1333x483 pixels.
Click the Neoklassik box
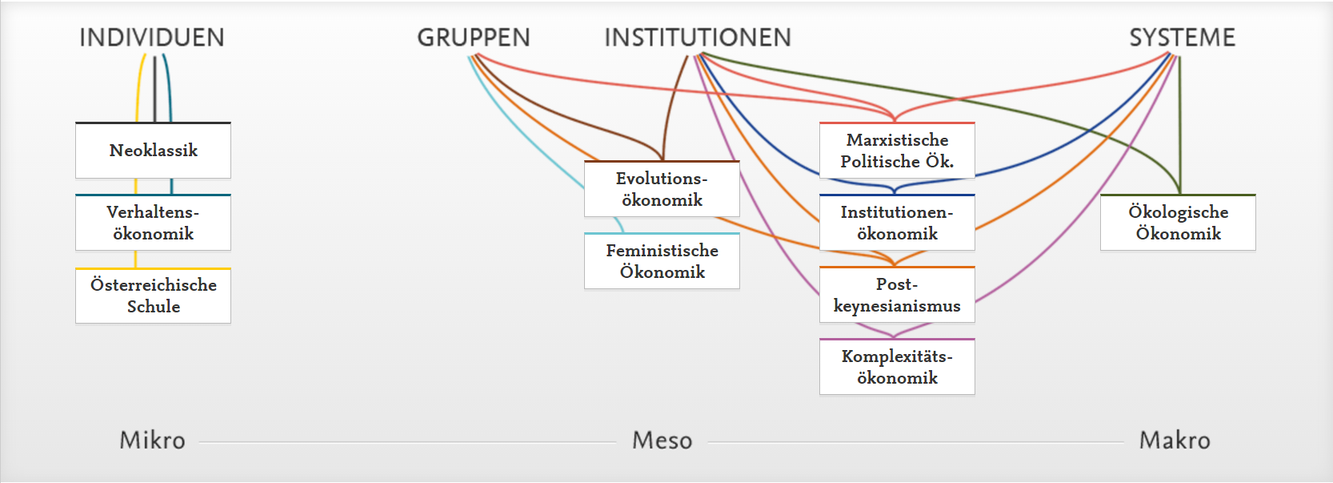tap(153, 151)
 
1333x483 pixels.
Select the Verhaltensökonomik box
tap(153, 223)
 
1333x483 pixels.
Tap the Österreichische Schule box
tap(153, 296)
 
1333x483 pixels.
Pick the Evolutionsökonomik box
tap(662, 189)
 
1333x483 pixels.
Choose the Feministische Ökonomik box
tap(662, 261)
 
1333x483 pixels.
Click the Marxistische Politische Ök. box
tap(897, 151)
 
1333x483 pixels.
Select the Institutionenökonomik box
tap(897, 223)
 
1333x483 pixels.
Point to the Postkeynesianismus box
tap(897, 295)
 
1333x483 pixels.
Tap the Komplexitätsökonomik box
tap(897, 367)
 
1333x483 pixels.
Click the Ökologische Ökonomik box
tap(1178, 223)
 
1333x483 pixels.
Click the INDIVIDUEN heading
tap(152, 38)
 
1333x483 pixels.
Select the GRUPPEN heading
tap(474, 38)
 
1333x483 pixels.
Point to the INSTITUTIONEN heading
tap(698, 38)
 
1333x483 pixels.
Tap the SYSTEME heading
tap(1182, 38)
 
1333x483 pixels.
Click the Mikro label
tap(152, 440)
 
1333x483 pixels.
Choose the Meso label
tap(662, 440)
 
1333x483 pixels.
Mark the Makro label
tap(1175, 440)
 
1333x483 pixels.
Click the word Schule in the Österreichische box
tap(154, 307)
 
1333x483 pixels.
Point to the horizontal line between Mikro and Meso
tap(408, 441)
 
